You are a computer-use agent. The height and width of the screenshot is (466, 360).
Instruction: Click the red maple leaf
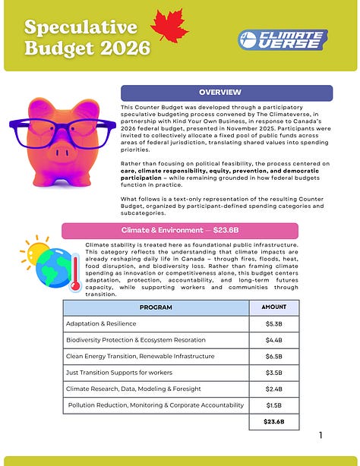(169, 27)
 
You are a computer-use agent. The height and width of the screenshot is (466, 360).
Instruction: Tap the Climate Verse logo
(282, 38)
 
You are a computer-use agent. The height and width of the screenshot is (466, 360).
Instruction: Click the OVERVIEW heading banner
(226, 93)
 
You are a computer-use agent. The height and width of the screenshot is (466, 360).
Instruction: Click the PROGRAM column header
(156, 307)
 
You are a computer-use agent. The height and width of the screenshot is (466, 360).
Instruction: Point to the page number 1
(321, 436)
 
